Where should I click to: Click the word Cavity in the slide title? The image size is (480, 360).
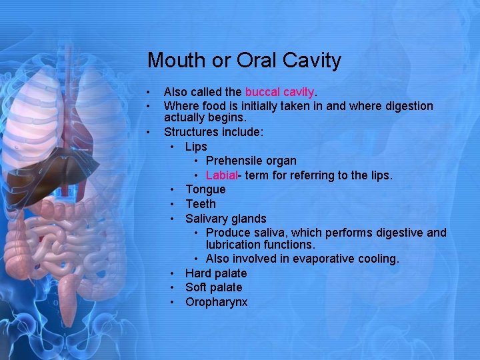click(312, 61)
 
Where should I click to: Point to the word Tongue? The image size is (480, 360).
click(205, 190)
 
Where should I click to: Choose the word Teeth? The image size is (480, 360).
click(201, 204)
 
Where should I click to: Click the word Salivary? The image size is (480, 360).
click(206, 219)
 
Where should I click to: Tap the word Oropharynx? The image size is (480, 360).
click(216, 302)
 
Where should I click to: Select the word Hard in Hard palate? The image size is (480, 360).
click(197, 273)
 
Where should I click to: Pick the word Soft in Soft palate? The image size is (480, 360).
click(196, 287)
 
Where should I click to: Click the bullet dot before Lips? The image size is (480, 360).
click(173, 147)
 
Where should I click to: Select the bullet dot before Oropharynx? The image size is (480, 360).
click(173, 302)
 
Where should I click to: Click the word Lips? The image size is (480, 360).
click(196, 147)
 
